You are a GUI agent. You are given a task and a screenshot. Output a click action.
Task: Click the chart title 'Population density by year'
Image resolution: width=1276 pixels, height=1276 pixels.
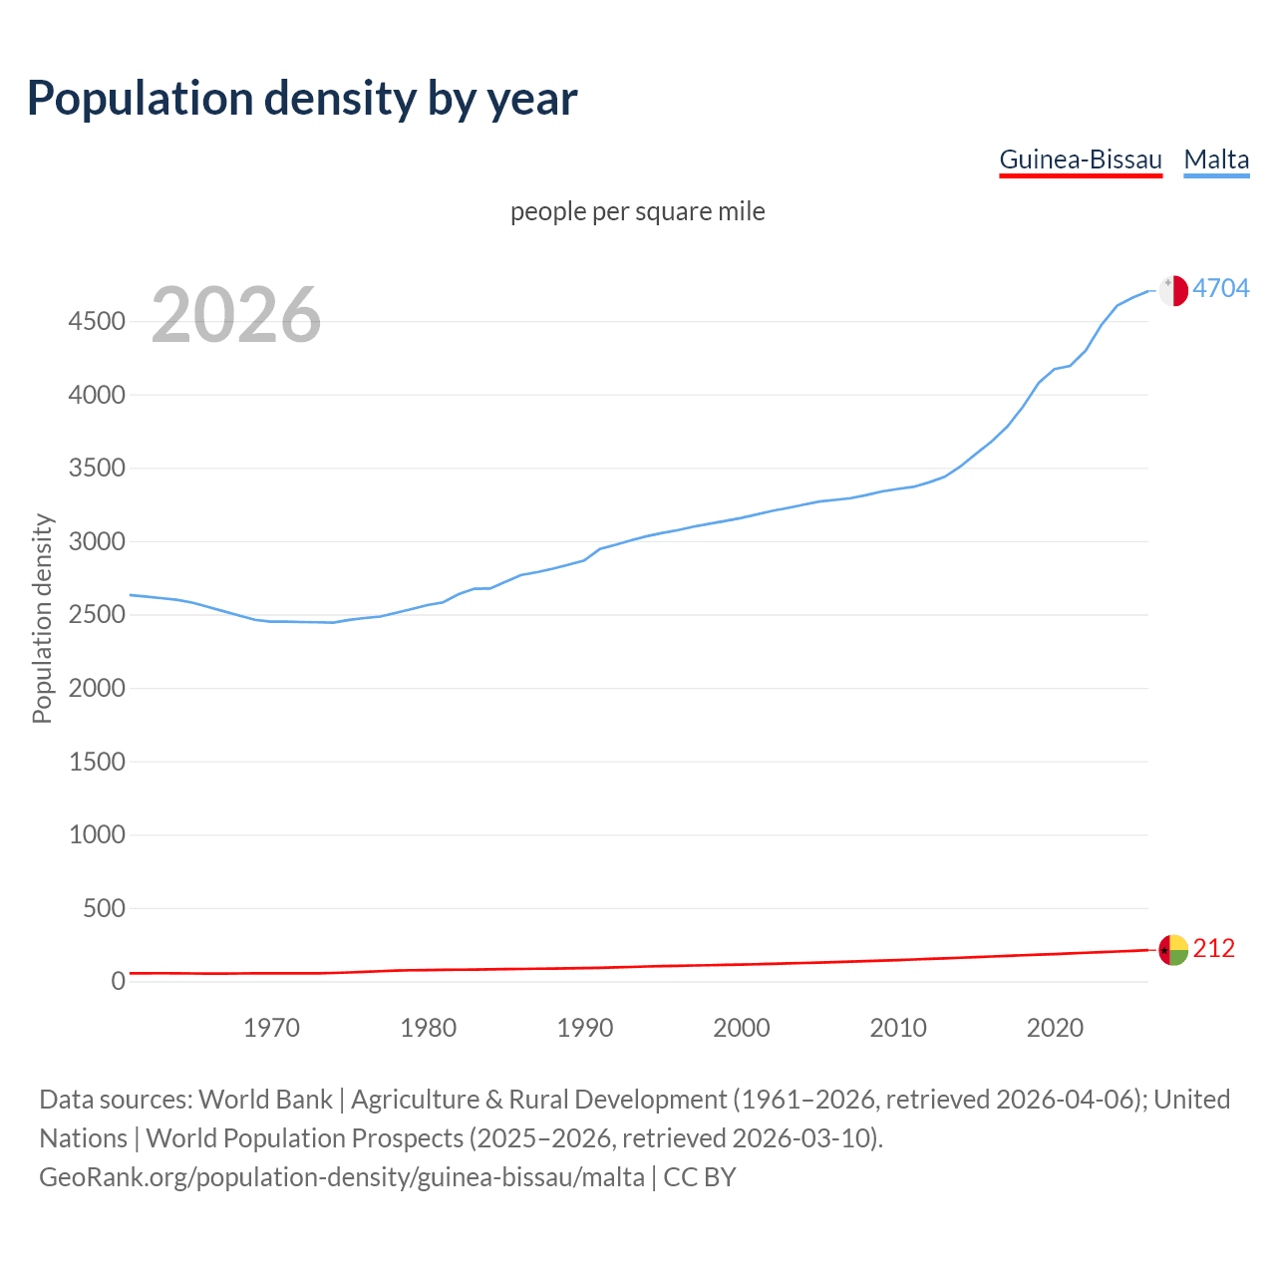point(302,99)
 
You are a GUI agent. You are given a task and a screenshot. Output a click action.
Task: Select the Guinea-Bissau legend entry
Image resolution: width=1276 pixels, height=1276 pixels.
point(1081,159)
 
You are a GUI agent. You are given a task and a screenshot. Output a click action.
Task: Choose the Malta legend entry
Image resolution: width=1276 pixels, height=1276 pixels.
point(1216,159)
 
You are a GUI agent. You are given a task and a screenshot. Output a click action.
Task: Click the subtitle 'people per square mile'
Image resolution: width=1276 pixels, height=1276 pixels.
point(637,211)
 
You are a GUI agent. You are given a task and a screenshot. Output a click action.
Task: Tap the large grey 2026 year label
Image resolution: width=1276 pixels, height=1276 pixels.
point(236,315)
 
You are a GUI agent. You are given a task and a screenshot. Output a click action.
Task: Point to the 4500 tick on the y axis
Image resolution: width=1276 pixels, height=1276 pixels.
point(97,321)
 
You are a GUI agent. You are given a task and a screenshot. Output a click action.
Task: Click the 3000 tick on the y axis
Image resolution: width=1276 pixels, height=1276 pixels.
point(97,541)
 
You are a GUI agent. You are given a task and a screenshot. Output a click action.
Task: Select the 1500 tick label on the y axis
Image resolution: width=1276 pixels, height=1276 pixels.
point(97,762)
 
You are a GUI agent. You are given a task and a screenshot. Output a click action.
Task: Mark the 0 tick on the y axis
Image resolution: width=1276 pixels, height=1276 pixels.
point(118,982)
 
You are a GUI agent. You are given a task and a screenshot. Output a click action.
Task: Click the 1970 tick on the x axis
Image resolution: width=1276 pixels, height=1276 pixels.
point(271,1028)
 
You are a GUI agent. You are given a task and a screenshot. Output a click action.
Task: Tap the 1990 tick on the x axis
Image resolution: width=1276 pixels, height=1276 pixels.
point(585,1028)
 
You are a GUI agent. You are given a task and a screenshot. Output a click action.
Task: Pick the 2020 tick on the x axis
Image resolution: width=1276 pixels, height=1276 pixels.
point(1055,1028)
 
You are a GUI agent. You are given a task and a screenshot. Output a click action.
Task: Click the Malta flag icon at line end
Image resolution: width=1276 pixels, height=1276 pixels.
point(1173,290)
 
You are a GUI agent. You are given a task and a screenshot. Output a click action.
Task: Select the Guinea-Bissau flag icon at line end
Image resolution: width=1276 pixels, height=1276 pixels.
point(1173,950)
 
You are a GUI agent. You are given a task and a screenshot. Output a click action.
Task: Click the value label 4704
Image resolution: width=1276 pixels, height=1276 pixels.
point(1221,288)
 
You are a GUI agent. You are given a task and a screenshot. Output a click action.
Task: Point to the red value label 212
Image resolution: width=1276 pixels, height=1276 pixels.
point(1213,948)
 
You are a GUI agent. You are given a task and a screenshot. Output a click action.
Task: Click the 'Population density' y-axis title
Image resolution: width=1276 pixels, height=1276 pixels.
point(42,618)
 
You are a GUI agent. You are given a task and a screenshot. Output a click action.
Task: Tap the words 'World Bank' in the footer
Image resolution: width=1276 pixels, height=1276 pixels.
point(265,1100)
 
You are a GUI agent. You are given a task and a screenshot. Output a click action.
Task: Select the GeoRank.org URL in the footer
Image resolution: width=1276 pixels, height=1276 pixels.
point(341,1177)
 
